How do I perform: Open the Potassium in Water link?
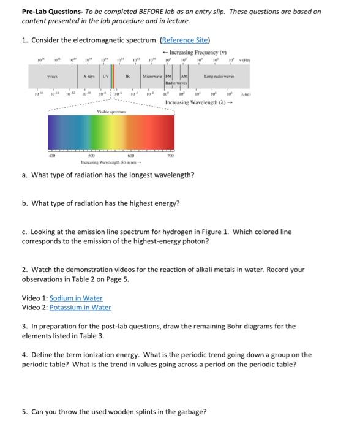pyautogui.click(x=80, y=307)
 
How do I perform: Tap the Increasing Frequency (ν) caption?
pyautogui.click(x=193, y=53)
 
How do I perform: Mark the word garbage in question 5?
pyautogui.click(x=190, y=411)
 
